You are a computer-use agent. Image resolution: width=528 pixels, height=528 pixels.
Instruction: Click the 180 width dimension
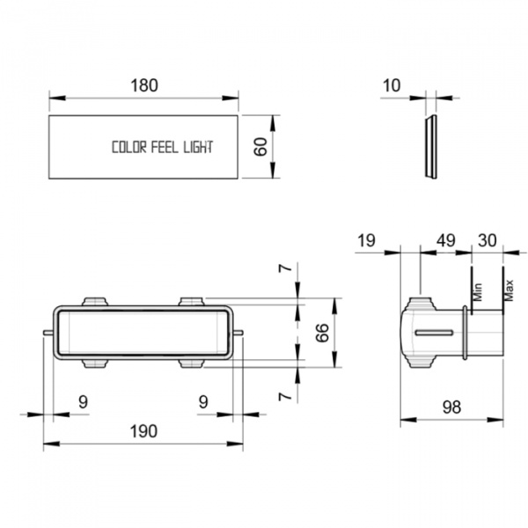coord(144,85)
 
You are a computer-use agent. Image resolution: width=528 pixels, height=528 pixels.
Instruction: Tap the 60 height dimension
coord(260,147)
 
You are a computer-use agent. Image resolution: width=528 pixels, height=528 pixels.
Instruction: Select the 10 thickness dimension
coord(392,85)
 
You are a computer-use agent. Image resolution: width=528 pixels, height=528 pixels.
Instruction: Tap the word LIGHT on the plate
coord(198,147)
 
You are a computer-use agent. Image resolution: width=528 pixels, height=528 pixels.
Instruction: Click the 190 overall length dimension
coord(143,431)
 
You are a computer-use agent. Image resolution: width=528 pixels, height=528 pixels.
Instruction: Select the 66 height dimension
coord(322,333)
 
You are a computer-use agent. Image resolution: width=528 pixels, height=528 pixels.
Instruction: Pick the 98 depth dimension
coord(451,407)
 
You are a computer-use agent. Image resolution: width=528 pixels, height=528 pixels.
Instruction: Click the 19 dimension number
coord(366,241)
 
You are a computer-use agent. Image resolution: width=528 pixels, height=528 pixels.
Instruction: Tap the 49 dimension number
coord(446,241)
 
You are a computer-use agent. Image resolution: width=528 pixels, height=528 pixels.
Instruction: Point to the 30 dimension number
coord(488,241)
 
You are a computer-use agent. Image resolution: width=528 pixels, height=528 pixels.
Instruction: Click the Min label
coord(478,292)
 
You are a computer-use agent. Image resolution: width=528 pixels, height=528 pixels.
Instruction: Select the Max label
coord(509,290)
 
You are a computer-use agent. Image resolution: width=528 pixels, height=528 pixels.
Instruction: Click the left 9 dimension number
coord(83,402)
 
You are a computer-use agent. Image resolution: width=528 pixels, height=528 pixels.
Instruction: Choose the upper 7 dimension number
coord(285,268)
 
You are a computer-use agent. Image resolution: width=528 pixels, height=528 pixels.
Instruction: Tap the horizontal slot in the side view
coord(434,333)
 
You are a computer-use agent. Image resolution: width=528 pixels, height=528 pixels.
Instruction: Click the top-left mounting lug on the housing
coord(95,301)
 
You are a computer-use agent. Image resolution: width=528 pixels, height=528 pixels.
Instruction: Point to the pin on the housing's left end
coord(48,333)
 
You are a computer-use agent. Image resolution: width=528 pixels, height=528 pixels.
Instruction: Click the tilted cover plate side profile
coord(430,147)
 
